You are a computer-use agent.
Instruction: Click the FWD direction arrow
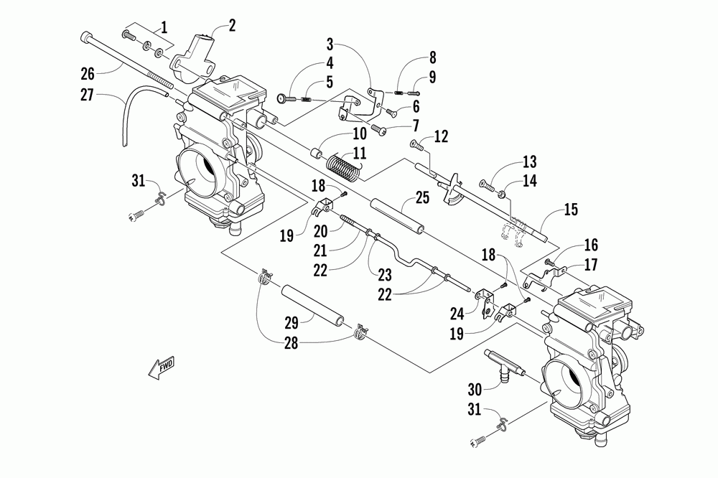click(x=162, y=367)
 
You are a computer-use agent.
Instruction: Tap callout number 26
click(x=87, y=73)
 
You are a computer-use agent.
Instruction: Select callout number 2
click(x=232, y=26)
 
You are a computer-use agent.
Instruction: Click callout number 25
click(x=422, y=198)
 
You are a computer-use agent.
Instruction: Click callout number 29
click(x=292, y=323)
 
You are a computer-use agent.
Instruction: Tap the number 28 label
click(x=291, y=343)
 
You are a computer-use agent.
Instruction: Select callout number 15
click(x=571, y=210)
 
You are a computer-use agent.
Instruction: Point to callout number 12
click(x=441, y=136)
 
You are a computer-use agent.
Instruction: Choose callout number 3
click(x=330, y=45)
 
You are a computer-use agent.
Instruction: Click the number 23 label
click(x=385, y=275)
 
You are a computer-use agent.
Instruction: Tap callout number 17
click(x=591, y=265)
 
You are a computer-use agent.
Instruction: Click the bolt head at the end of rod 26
click(x=86, y=37)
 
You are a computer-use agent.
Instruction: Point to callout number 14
click(x=529, y=182)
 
